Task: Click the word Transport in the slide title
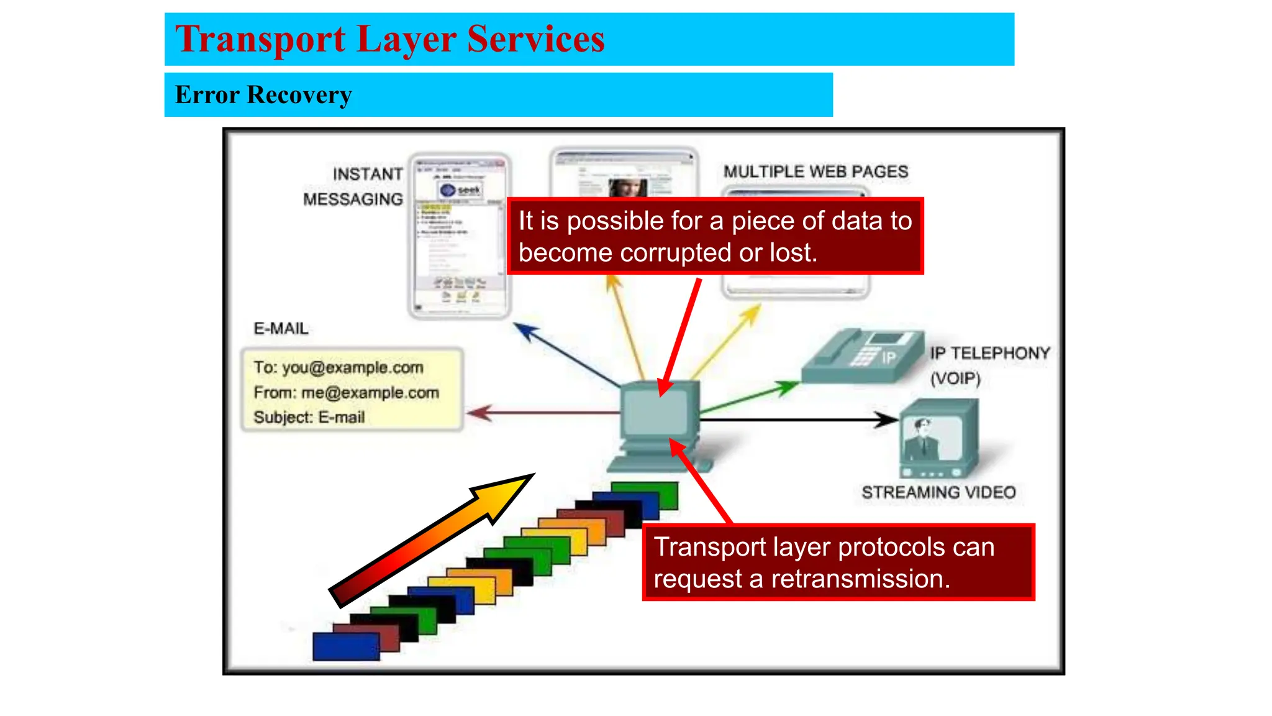[260, 39]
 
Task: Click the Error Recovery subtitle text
[263, 95]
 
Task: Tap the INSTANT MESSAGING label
[353, 186]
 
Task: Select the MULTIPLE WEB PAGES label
[815, 172]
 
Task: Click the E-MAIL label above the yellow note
[281, 328]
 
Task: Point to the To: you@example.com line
[338, 367]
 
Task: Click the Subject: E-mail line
[309, 417]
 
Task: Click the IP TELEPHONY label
[989, 353]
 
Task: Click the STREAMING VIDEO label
[938, 492]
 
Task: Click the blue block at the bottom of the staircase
[345, 646]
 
